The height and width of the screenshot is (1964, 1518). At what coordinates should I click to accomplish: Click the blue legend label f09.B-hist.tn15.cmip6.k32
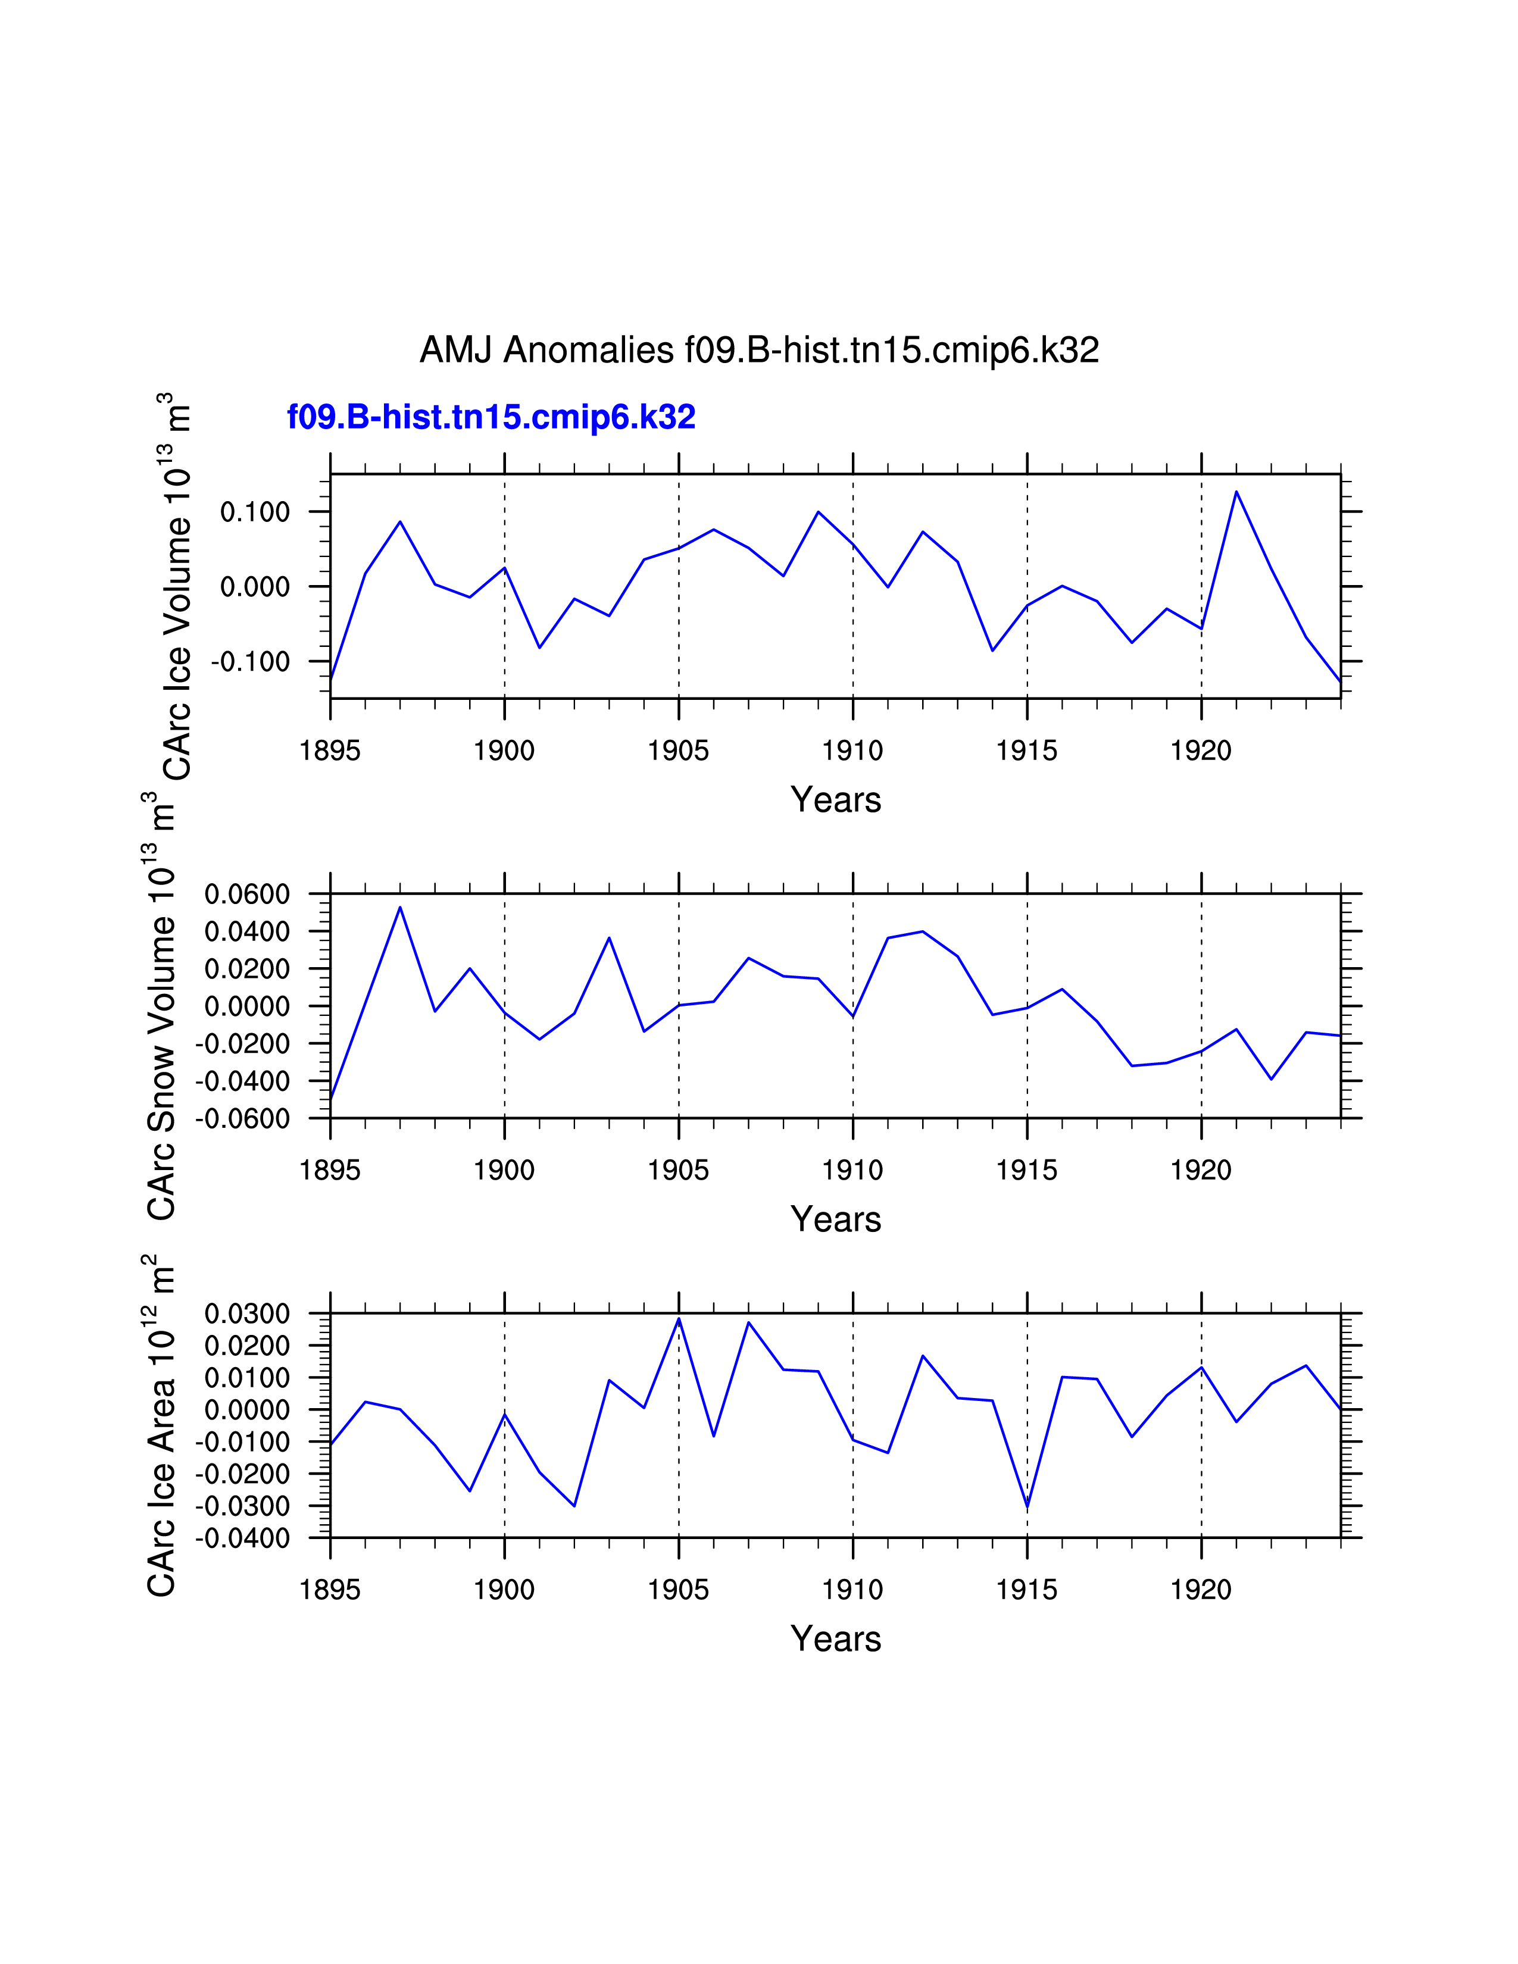coord(491,417)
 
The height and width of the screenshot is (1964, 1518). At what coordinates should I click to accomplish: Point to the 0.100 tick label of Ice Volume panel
coord(255,512)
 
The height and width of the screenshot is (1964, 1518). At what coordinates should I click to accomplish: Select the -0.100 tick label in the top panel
coord(251,662)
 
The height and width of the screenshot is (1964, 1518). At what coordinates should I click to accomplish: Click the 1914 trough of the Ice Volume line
coord(992,650)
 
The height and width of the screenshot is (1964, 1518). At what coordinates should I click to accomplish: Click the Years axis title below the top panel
coord(835,799)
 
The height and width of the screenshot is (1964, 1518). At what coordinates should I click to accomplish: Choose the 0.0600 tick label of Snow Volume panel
coord(247,894)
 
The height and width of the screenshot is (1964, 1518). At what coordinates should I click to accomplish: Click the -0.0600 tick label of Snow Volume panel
coord(243,1119)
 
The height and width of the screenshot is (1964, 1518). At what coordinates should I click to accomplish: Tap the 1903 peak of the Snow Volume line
coord(609,938)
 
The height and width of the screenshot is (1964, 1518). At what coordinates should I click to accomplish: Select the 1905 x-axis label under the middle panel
coord(678,1170)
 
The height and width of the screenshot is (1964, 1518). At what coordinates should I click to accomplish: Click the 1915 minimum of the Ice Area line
coord(1027,1507)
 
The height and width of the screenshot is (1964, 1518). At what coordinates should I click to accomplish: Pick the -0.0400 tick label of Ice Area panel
coord(243,1538)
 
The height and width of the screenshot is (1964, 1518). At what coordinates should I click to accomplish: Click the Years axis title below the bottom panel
coord(835,1640)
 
